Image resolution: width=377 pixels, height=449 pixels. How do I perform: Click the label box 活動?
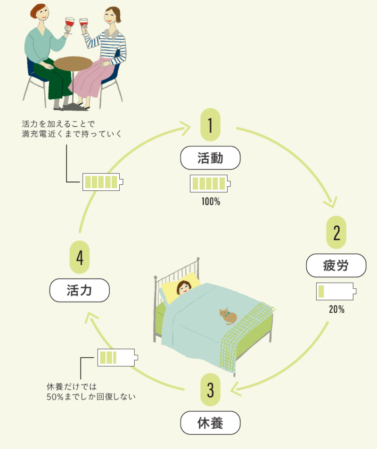210,158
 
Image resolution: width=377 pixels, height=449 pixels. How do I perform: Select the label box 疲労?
336,265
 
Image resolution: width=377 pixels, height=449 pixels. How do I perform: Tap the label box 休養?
210,425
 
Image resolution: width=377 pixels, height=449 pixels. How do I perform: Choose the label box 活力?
79,291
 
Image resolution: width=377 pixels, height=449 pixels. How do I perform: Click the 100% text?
211,202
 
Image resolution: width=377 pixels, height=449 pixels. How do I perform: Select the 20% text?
336,310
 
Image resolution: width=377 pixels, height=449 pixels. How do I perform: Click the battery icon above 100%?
210,183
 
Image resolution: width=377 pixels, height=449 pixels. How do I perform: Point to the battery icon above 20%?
336,291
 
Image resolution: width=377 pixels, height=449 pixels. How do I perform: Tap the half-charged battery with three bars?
117,357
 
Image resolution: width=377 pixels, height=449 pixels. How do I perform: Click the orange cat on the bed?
229,317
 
